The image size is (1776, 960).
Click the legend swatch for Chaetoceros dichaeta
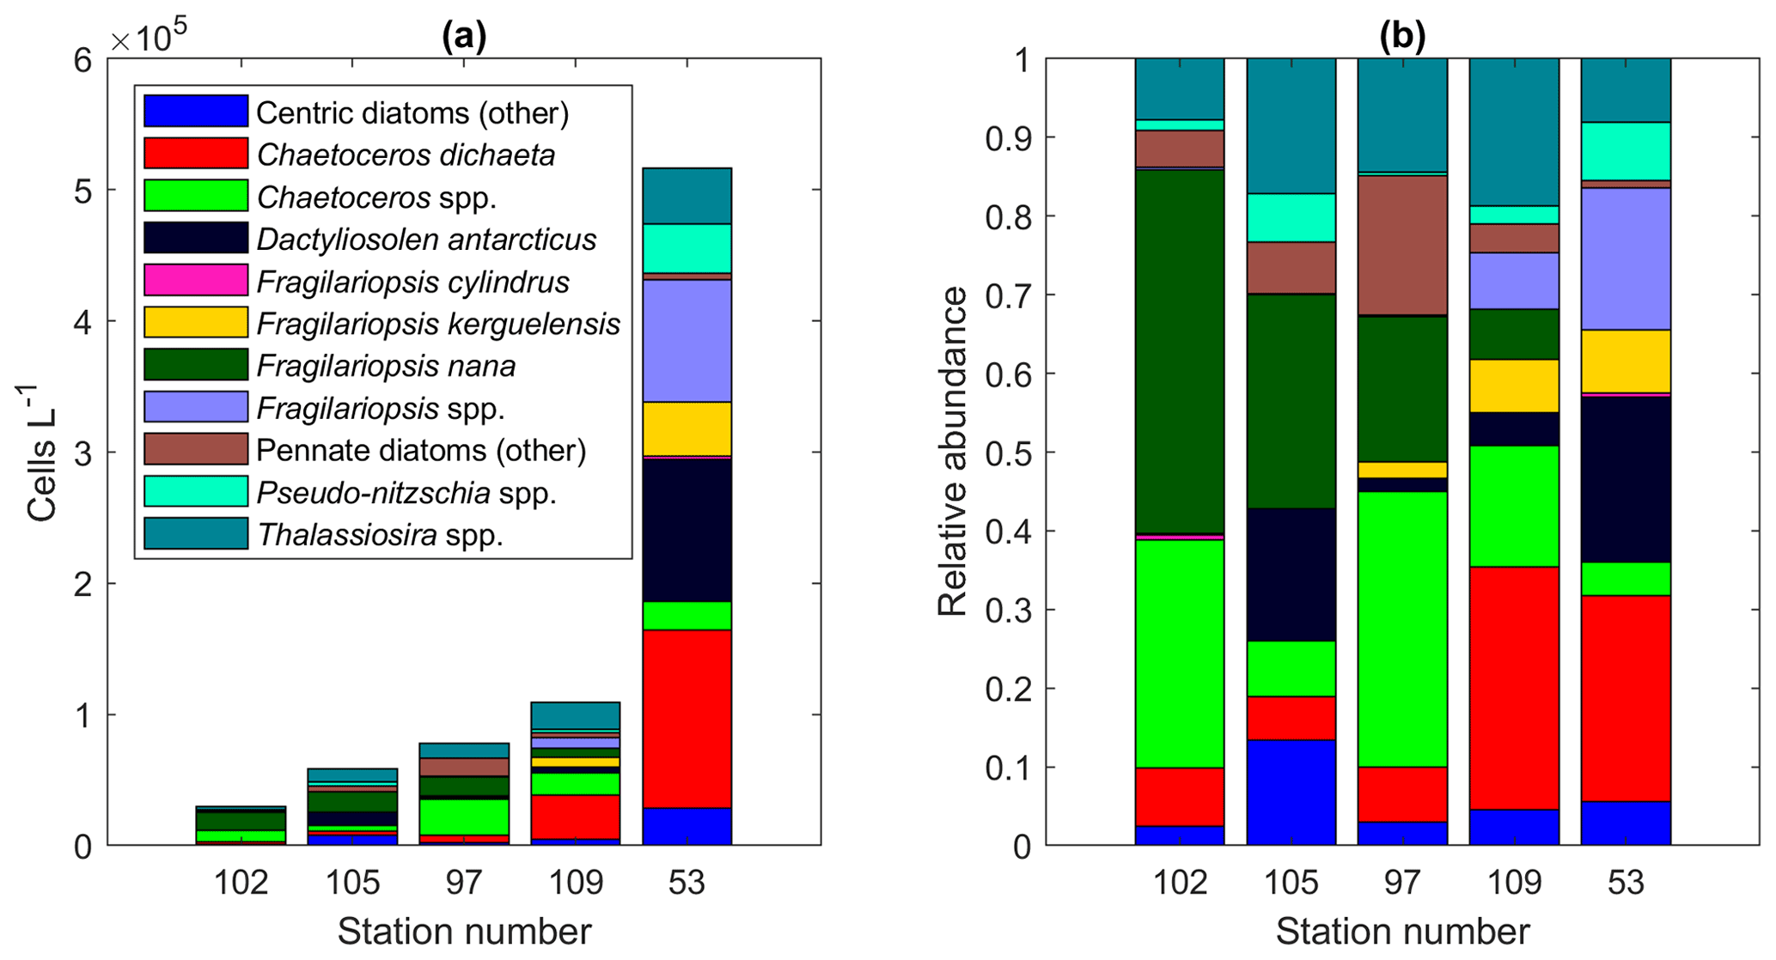coord(196,154)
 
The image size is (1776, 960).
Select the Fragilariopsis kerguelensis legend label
coord(438,324)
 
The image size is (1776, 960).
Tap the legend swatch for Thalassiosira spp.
coord(196,534)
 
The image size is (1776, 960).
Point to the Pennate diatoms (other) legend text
coord(421,450)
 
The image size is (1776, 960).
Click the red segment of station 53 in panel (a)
coord(687,718)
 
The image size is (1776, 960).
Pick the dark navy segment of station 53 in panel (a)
coord(687,529)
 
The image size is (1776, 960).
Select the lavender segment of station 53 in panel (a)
coord(687,340)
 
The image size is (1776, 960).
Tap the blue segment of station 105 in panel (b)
coord(1291,792)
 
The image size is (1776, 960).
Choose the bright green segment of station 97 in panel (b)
coord(1402,629)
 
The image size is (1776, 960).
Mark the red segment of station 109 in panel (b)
coord(1514,687)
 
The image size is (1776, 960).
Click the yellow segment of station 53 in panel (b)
coord(1626,361)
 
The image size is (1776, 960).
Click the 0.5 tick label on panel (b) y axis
coord(1007,453)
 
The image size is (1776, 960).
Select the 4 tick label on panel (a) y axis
coord(83,322)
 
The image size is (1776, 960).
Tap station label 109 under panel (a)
coord(576,883)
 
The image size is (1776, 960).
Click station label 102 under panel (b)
coord(1180,883)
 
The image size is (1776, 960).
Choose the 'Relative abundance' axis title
coord(952,452)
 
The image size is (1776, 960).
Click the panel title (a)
coord(464,36)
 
